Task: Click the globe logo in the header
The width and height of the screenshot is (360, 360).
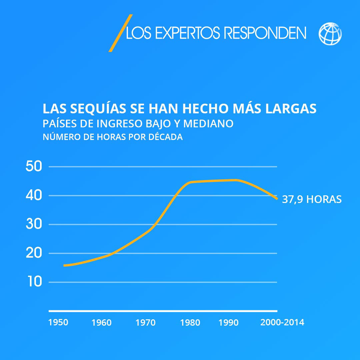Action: tap(330, 34)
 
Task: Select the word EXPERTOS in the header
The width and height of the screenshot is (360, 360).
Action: tap(188, 33)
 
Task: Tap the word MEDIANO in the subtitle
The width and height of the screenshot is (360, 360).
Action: tap(208, 124)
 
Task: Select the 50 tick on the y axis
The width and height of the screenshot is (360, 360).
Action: tap(34, 167)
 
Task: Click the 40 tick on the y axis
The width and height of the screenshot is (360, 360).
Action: tap(34, 196)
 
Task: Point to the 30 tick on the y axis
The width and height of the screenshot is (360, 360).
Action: tap(34, 224)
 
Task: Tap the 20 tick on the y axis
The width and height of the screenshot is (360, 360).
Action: tap(34, 253)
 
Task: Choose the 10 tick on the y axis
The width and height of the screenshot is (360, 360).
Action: tap(34, 282)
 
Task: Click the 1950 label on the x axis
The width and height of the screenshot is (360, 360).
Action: tap(58, 323)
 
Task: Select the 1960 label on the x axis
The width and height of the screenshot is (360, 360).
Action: tap(101, 323)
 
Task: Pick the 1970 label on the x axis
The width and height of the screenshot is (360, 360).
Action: tap(146, 323)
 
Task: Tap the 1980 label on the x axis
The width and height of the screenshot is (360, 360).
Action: tap(190, 323)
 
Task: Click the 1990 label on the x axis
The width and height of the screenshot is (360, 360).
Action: tap(229, 323)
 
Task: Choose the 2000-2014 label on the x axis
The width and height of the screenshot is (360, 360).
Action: tap(282, 323)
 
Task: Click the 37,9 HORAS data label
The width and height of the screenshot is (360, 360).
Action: tap(312, 199)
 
